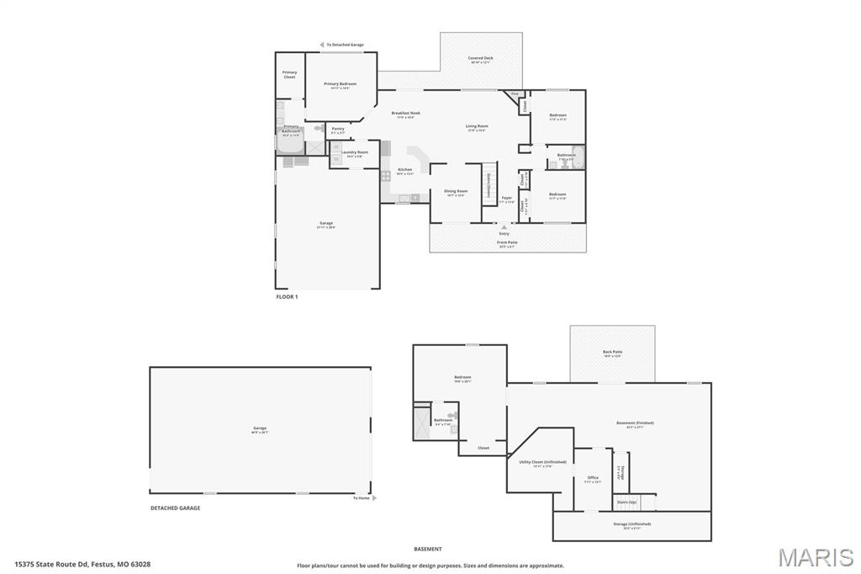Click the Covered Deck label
coord(481,59)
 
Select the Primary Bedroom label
coord(341,84)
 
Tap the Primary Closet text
coord(289,74)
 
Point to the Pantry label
coord(338,129)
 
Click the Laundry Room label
coord(354,152)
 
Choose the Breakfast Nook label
coord(406,113)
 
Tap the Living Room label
coord(477,126)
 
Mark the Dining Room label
coord(456,191)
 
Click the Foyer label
coord(506,199)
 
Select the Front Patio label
coord(508,242)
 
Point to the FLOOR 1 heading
coord(287,297)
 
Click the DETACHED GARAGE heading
coord(175,508)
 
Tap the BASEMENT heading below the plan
coord(427,549)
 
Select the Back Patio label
coord(612,352)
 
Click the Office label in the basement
coord(593,478)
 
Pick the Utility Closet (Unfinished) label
coord(537,462)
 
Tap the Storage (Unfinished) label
coord(631,524)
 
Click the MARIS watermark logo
coord(816,557)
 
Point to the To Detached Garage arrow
coord(320,45)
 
